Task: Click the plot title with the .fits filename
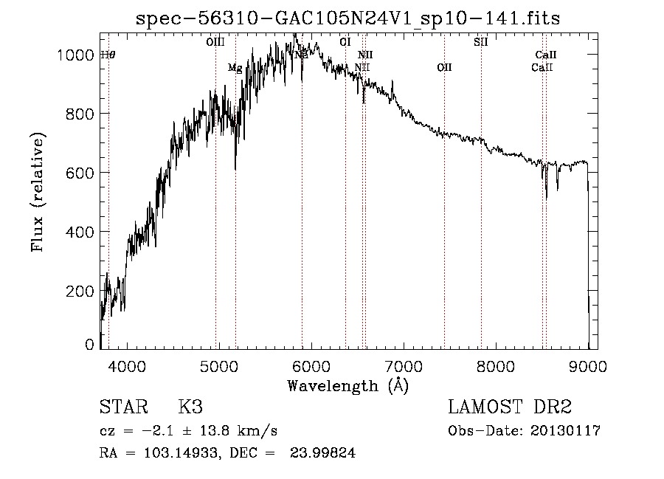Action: coord(348,18)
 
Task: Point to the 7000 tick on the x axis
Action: coord(404,365)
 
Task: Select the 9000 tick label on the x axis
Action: coord(588,365)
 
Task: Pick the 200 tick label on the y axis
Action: coord(82,290)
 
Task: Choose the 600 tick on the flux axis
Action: coord(82,172)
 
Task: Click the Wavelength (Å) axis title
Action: coord(347,385)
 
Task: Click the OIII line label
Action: coord(215,42)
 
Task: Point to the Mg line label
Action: coord(235,68)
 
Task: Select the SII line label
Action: coord(480,42)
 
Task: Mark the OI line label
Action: coord(345,42)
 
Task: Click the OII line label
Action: coord(444,68)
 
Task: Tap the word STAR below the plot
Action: coord(122,407)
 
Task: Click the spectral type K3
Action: coord(190,407)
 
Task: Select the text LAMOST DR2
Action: coord(510,407)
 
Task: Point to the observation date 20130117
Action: coord(564,431)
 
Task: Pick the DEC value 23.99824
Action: coord(324,454)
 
